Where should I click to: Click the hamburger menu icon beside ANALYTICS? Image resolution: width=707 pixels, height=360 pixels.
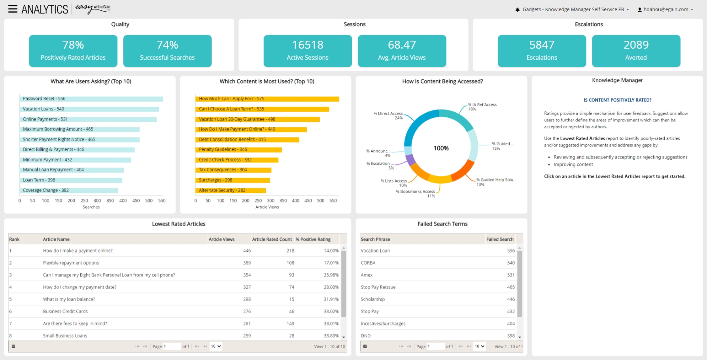13,9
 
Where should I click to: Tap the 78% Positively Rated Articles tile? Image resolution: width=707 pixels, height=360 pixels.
73,51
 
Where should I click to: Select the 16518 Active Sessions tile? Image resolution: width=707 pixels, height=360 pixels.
308,51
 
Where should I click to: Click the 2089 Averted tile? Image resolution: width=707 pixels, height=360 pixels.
636,51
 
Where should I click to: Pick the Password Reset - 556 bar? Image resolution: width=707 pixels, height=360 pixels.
91,99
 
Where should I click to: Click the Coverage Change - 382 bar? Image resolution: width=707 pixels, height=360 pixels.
69,190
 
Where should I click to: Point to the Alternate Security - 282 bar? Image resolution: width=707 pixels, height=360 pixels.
231,190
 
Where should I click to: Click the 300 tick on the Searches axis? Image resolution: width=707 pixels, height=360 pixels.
97,201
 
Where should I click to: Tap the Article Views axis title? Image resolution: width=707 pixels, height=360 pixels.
267,207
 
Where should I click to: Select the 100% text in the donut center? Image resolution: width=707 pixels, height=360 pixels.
441,148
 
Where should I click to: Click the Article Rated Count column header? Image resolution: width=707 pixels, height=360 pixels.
272,239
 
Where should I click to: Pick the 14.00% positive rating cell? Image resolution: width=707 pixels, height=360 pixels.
331,251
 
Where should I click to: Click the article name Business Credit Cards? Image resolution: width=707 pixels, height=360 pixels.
65,312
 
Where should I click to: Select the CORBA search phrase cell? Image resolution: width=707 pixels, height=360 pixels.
368,263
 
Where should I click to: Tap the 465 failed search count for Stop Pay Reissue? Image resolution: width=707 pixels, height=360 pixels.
510,287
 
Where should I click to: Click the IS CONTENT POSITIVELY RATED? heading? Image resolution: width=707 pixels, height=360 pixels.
617,100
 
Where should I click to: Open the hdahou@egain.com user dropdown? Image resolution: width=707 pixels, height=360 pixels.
665,9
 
